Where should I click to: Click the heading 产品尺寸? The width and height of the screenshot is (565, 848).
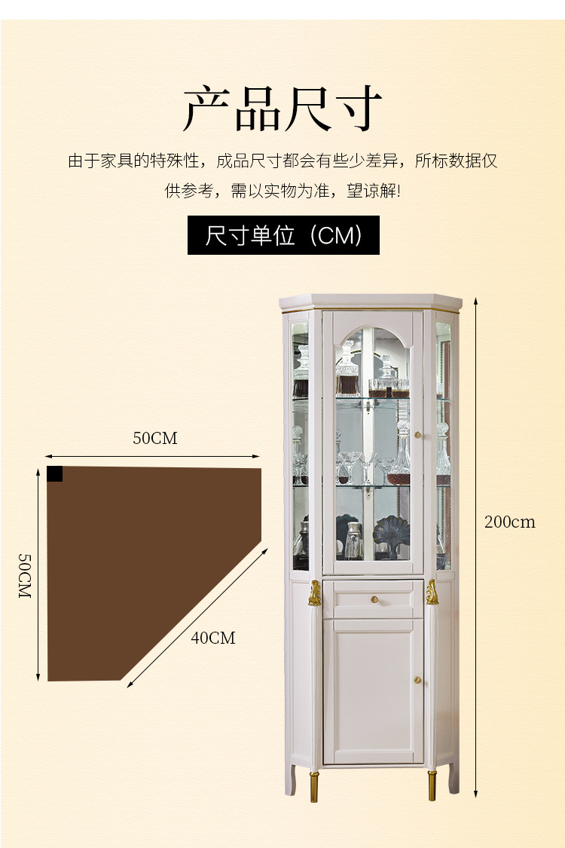pos(282,110)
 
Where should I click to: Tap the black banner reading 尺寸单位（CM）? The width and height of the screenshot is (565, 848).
pos(283,235)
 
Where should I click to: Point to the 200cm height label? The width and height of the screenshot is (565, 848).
pos(509,522)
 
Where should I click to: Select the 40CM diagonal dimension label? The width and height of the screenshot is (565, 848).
pos(213,638)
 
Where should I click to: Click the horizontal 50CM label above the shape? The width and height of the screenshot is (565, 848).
pos(155,438)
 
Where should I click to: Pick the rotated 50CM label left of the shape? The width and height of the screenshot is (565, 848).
pos(24,576)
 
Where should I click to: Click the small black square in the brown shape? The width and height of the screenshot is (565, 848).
pos(55,473)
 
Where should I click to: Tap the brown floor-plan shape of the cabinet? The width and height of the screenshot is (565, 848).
pos(136,558)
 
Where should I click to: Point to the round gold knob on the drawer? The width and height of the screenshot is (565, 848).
pos(374,599)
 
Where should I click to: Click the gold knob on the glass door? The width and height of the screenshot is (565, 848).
pos(416,436)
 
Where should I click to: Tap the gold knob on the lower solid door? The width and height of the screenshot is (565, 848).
pos(416,681)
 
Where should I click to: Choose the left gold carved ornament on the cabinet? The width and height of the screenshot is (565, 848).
pos(315,593)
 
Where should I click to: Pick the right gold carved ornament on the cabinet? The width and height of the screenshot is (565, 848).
pos(432,592)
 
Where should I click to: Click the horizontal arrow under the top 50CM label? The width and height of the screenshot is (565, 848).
pos(151,456)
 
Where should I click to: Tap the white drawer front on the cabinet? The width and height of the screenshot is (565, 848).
pos(374,600)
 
